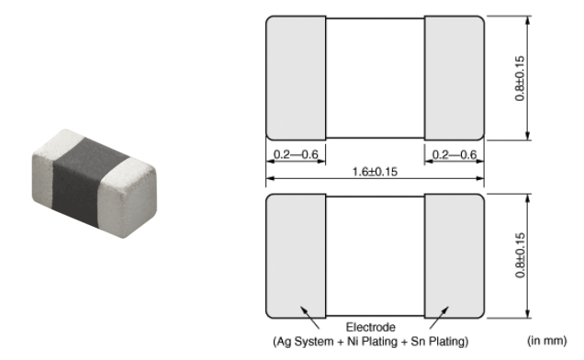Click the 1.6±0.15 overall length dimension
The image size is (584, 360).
point(375,172)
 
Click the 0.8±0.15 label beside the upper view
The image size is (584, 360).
point(520,78)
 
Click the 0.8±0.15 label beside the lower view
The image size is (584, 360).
point(520,255)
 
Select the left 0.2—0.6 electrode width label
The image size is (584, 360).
point(296,154)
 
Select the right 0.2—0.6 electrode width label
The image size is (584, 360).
point(454,154)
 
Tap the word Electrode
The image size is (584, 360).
point(371,327)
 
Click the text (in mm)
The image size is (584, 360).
point(546,341)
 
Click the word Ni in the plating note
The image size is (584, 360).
point(352,341)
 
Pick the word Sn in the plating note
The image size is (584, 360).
point(418,341)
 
